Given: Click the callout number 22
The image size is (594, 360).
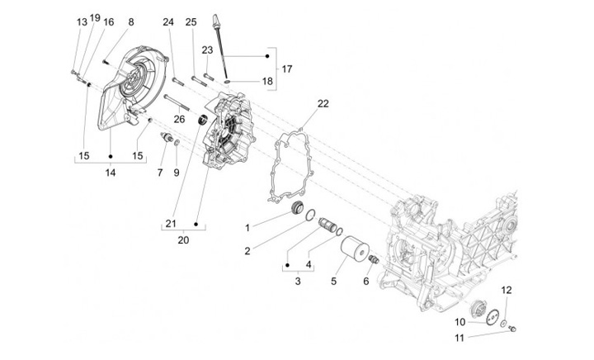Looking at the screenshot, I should (x=299, y=103).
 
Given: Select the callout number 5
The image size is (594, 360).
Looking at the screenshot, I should (x=334, y=282).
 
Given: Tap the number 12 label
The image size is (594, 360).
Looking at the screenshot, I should (x=507, y=290).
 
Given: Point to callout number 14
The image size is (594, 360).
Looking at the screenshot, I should (x=110, y=172).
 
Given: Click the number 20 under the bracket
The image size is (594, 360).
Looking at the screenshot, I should (x=183, y=240).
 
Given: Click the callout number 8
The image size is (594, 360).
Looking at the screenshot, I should (x=130, y=21).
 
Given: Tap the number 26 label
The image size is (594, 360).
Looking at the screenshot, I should (x=179, y=119).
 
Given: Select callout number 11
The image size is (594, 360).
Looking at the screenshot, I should (x=459, y=339).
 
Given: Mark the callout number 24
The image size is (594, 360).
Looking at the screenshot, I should (x=168, y=21).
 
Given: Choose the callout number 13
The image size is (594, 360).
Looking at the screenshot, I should (x=82, y=21).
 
